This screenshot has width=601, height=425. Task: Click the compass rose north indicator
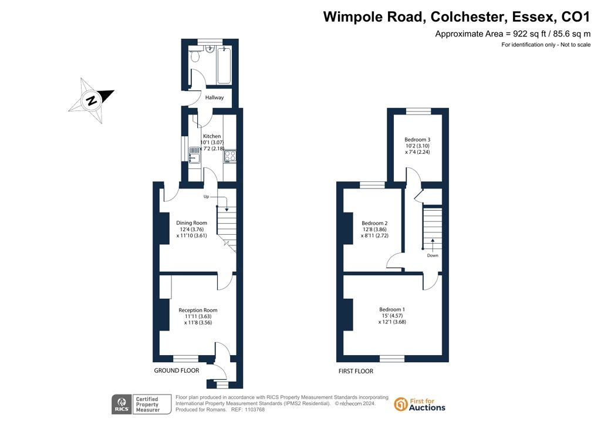(x=91, y=101)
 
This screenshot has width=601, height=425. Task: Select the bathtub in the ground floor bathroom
(x=224, y=65)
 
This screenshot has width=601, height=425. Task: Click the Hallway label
(x=214, y=97)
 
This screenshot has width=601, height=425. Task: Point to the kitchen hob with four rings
(x=230, y=156)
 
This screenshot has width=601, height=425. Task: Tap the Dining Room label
(x=192, y=222)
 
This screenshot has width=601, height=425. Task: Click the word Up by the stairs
(x=206, y=197)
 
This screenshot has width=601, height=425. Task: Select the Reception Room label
(x=198, y=310)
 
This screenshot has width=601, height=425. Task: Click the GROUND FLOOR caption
(x=177, y=370)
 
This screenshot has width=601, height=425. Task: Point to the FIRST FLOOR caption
(x=356, y=371)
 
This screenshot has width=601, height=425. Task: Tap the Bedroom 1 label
(x=392, y=309)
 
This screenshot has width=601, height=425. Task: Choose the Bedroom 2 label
(x=374, y=223)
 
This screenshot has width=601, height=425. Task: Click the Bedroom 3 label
(x=417, y=140)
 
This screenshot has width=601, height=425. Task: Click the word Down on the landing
(x=433, y=255)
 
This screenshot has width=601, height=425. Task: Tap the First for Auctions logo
(x=420, y=404)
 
